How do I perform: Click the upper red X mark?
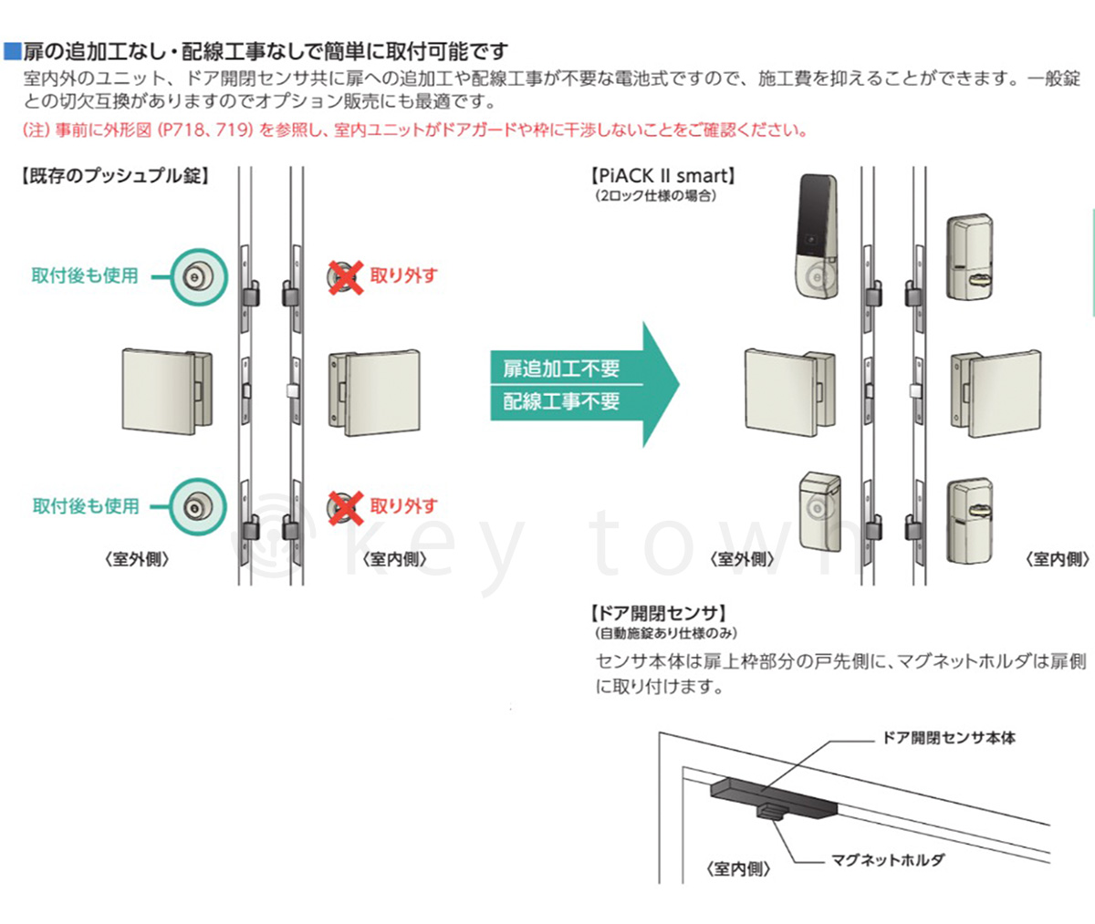coord(345,275)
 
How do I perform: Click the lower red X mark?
coord(345,507)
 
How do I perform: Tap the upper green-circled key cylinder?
coord(194,276)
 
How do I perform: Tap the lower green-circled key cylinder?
coord(194,507)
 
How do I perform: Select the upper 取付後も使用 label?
coord(85,275)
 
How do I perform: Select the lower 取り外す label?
coord(404,506)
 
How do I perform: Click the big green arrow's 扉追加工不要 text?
coord(561,369)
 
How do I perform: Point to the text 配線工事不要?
coord(561,400)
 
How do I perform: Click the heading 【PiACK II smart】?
coord(663,176)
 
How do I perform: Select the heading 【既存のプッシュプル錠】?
coord(114,176)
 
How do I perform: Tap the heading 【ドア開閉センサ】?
coord(659,613)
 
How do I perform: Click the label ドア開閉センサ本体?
coord(949,738)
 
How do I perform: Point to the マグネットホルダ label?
coord(887,859)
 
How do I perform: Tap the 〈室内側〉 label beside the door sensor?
coord(738,869)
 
